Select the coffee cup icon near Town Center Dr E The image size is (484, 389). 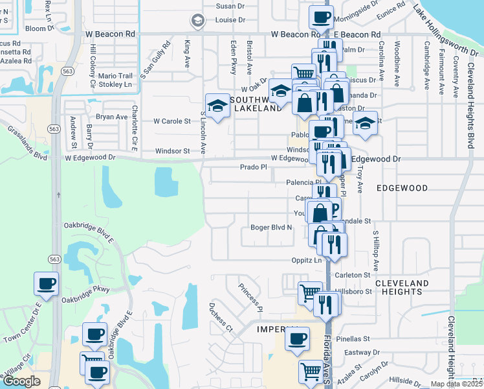click(47, 284)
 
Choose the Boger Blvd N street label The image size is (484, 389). click(272, 228)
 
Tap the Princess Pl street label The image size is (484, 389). click(250, 295)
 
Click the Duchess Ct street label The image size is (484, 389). click(221, 316)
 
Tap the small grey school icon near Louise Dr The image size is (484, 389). click(197, 21)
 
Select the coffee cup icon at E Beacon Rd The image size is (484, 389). click(320, 17)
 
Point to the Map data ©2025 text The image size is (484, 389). click(456, 384)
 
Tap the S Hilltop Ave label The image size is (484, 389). click(374, 250)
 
